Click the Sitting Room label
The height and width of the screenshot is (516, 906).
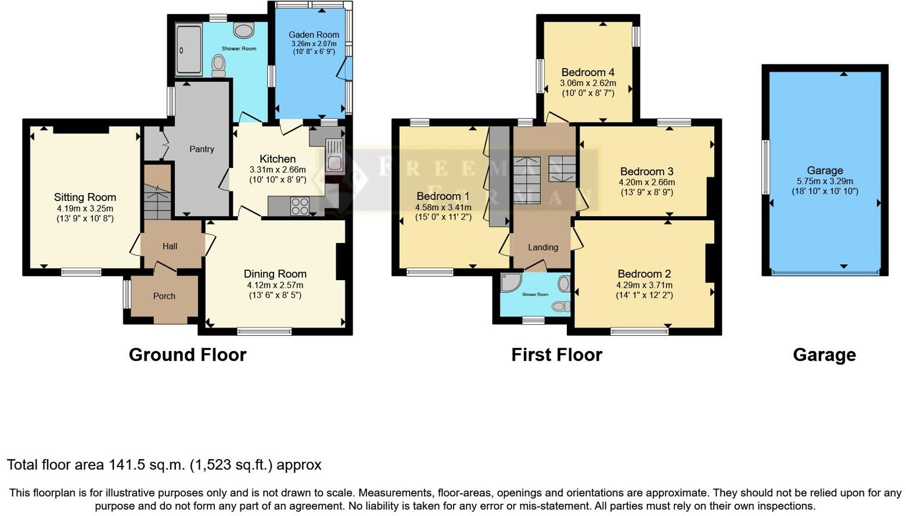[x=85, y=197]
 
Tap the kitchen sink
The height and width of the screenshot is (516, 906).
[x=335, y=155]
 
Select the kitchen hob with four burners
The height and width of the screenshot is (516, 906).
[x=300, y=206]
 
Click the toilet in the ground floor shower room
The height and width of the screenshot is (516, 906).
[x=218, y=65]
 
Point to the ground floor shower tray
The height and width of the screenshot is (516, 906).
[x=189, y=49]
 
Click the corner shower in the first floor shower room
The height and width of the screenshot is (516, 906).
[x=511, y=283]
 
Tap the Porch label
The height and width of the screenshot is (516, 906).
[x=164, y=296]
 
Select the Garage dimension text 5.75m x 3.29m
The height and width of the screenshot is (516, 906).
[x=825, y=181]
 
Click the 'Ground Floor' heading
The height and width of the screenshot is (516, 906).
[x=188, y=354]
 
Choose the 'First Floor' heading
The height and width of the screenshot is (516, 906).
[x=556, y=354]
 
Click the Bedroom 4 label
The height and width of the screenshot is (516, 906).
[x=588, y=73]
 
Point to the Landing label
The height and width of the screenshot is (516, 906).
[x=543, y=247]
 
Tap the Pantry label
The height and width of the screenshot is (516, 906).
[x=202, y=149]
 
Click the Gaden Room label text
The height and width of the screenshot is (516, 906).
[x=314, y=35]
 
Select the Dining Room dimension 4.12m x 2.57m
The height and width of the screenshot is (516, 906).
[x=275, y=285]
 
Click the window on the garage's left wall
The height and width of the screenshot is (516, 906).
[x=765, y=167]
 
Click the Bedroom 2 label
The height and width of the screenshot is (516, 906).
[x=644, y=274]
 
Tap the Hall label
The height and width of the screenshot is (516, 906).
[x=170, y=246]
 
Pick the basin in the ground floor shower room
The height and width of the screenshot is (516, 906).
[x=243, y=29]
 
